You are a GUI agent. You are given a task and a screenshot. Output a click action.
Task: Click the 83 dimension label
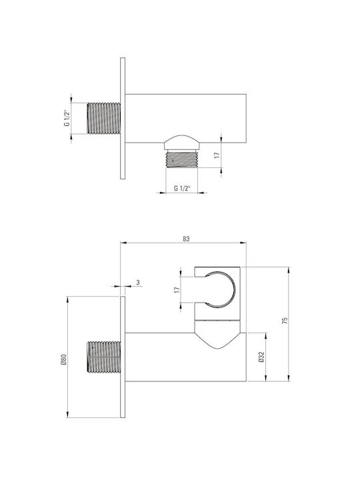(x=186, y=239)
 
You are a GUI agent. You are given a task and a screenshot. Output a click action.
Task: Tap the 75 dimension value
(x=285, y=321)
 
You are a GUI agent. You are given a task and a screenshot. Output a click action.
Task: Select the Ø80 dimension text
(x=63, y=359)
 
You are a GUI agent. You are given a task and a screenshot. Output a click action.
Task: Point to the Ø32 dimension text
(x=261, y=357)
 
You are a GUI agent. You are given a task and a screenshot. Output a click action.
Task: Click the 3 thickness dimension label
(x=138, y=283)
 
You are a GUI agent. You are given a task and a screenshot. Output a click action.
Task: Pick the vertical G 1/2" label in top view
(x=67, y=118)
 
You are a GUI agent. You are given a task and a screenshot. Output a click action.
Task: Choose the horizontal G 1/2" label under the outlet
(x=182, y=188)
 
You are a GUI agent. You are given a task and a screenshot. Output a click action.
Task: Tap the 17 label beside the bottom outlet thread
(x=217, y=155)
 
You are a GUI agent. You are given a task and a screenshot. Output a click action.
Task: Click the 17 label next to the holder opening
(x=177, y=289)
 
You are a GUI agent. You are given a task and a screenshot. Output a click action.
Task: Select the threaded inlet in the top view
(x=104, y=118)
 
